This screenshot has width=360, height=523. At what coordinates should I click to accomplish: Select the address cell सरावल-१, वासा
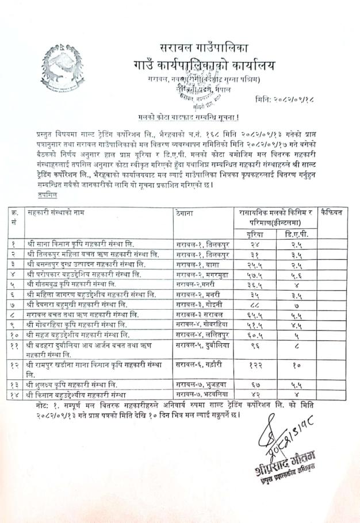198,264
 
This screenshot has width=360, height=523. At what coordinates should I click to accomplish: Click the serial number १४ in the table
16,394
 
